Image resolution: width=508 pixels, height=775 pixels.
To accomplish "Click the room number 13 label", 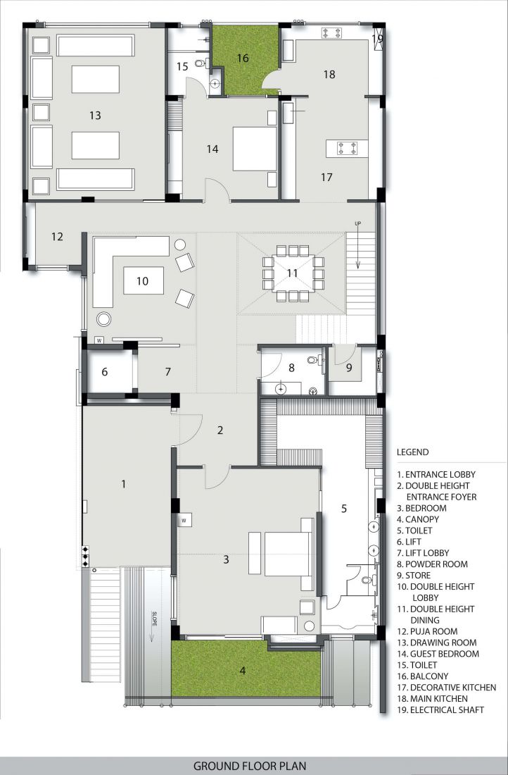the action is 95,115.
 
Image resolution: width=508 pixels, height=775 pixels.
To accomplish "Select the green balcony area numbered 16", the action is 243,58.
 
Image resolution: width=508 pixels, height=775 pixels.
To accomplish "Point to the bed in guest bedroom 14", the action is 255,149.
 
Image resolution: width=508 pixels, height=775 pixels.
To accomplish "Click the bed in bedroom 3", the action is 288,554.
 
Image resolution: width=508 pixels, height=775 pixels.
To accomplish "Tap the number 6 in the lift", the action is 105,372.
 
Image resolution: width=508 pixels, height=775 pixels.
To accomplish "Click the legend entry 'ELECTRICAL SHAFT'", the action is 440,709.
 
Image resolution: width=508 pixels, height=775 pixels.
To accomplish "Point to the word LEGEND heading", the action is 413,452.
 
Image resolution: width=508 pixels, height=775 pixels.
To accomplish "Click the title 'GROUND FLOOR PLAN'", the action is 250,766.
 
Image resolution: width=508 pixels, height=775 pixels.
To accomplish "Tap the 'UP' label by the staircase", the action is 358,224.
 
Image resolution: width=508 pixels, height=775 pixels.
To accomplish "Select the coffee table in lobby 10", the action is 143,280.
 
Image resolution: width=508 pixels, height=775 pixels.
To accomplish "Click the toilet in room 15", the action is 201,63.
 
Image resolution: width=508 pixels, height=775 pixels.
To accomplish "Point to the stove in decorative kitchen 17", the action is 347,148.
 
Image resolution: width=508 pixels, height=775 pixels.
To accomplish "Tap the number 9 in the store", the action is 349,368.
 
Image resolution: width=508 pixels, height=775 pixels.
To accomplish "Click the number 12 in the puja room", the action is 57,237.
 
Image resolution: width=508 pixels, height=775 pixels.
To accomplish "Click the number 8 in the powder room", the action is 292,368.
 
